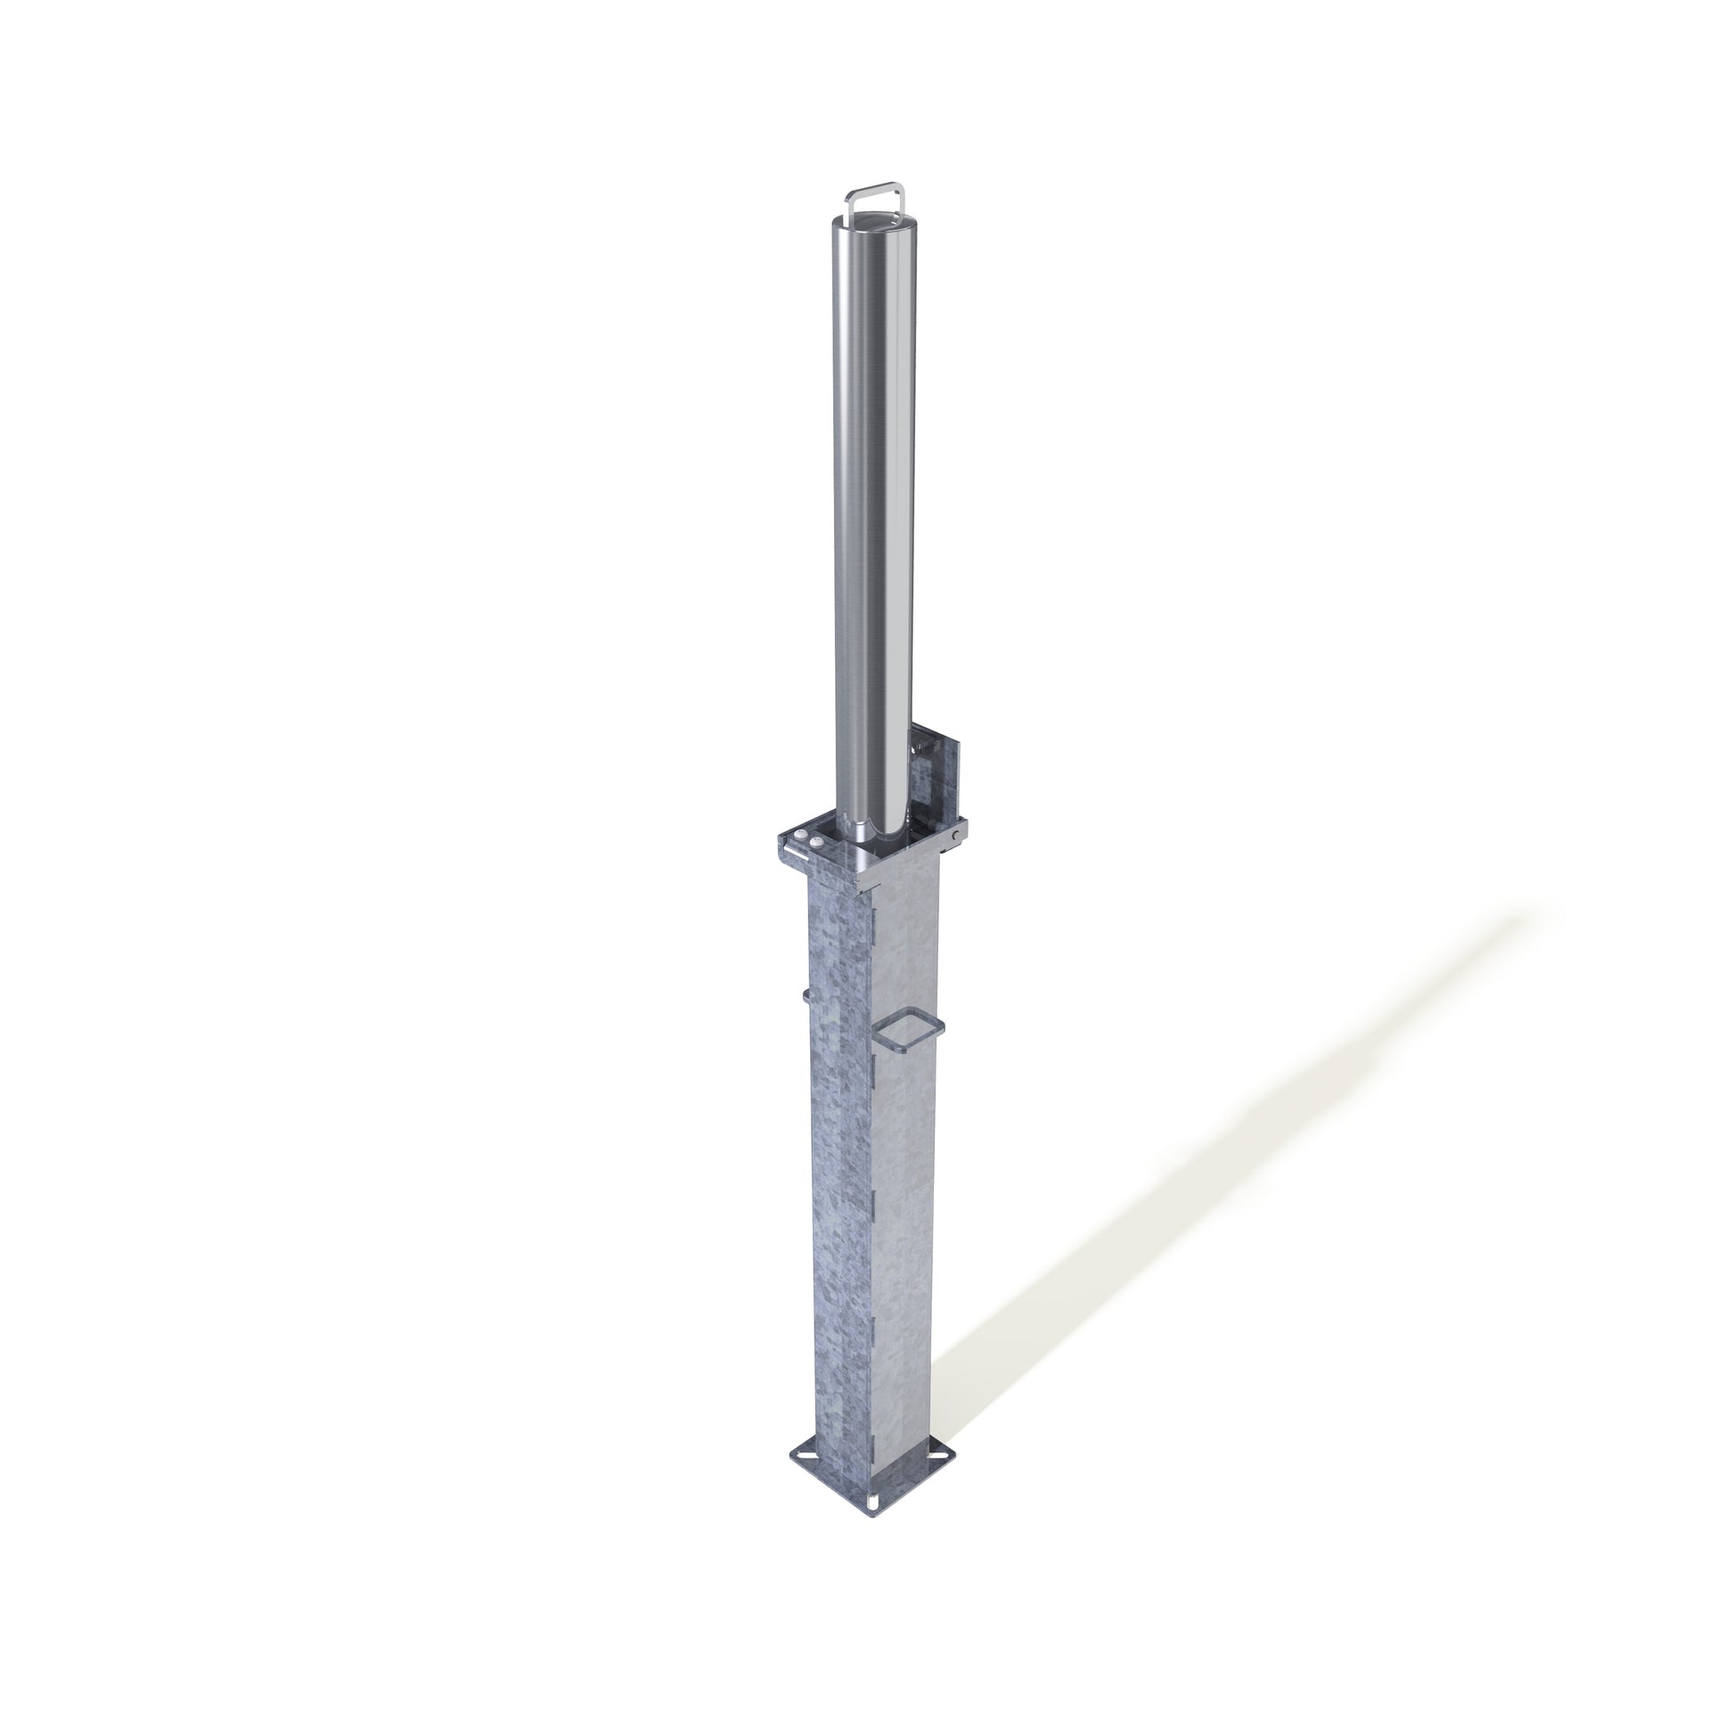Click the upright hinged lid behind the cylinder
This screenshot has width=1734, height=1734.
(938, 772)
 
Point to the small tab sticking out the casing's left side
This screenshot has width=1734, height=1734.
(806, 994)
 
